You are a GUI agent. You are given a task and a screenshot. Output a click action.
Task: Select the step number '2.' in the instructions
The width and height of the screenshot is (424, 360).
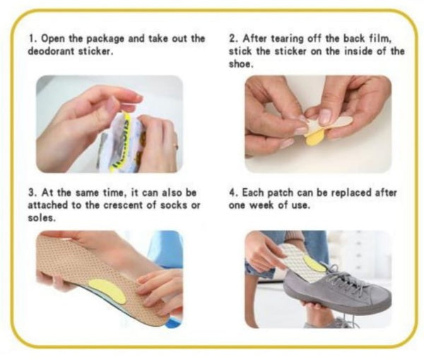233,38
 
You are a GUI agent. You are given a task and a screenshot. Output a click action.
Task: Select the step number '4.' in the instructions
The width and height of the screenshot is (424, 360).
233,192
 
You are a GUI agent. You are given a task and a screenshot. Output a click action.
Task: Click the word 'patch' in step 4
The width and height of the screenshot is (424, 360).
276,192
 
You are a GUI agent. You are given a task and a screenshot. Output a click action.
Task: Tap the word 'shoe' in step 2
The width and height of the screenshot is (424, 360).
240,64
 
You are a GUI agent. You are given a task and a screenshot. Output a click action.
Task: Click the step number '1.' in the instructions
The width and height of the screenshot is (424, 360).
32,38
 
